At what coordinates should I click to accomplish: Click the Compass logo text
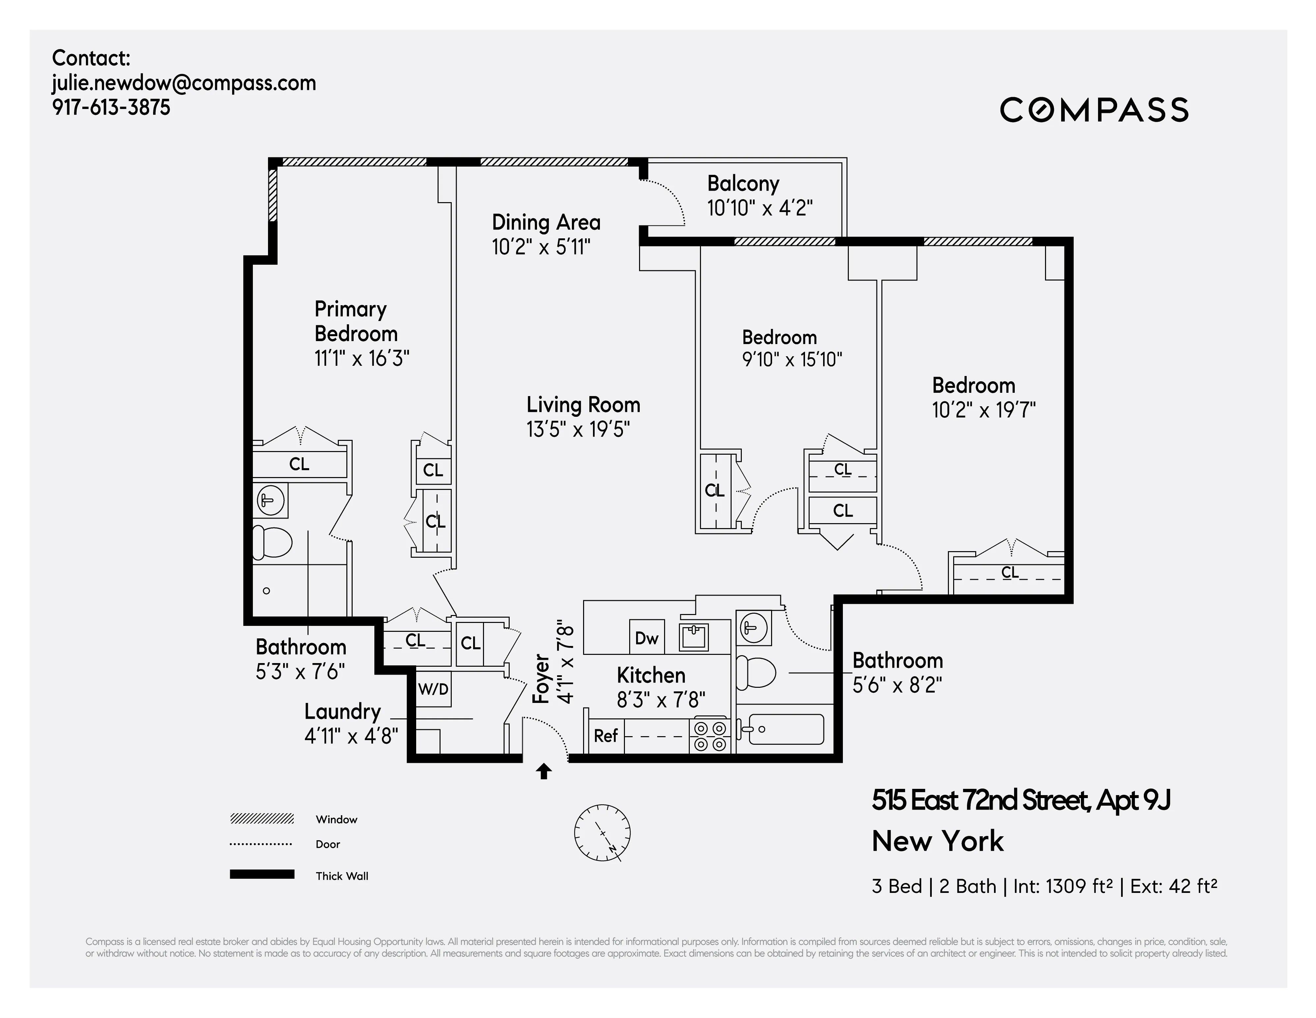[x=1094, y=110]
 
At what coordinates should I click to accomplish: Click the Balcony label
[x=743, y=183]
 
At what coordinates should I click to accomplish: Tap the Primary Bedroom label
[x=356, y=321]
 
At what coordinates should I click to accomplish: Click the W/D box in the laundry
[x=433, y=689]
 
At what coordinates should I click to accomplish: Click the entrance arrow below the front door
[x=544, y=771]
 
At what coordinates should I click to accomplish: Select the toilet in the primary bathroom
[x=271, y=543]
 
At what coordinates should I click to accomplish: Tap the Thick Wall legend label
[x=342, y=876]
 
